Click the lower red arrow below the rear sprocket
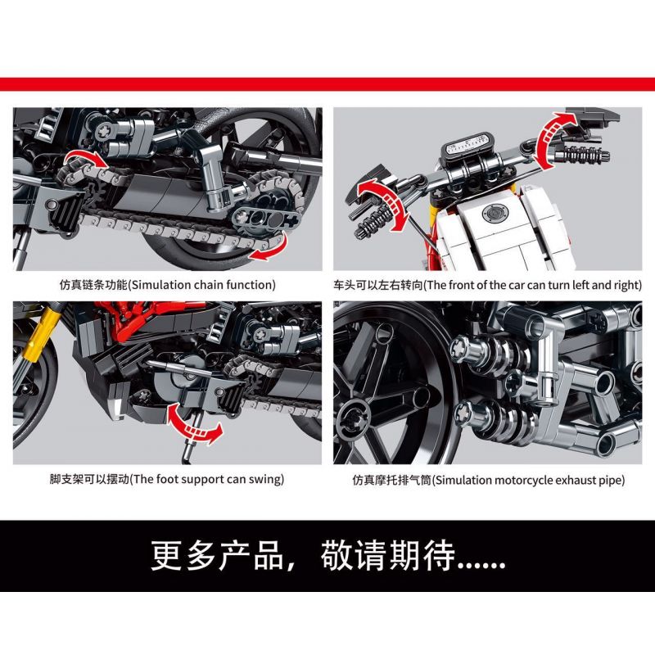coord(269,249)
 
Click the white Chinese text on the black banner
coord(327,555)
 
